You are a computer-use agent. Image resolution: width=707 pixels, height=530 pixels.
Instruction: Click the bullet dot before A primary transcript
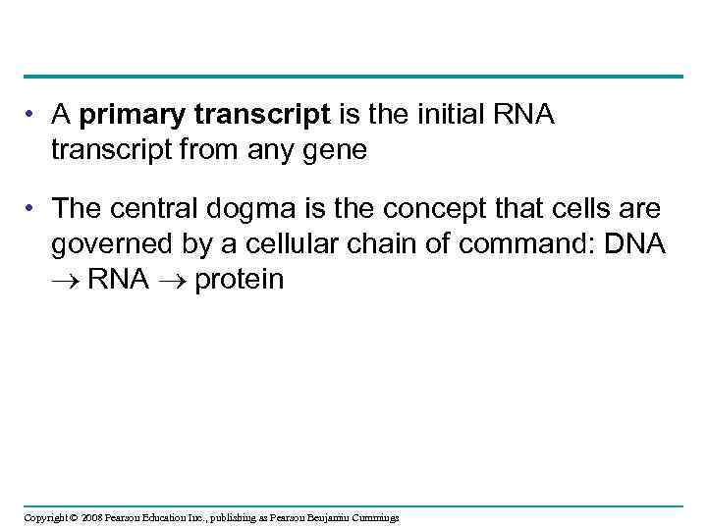32,116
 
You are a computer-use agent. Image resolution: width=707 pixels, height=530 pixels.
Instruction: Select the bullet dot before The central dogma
32,208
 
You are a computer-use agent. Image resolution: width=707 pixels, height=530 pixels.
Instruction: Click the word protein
239,281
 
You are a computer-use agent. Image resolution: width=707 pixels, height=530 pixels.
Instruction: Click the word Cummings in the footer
372,517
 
